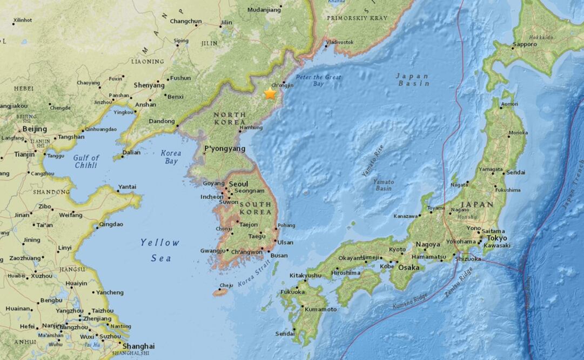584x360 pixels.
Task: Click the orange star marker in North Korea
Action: point(270,93)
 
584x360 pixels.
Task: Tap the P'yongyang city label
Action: point(221,148)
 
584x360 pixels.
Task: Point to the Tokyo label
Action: point(496,238)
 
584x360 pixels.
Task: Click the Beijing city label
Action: point(35,129)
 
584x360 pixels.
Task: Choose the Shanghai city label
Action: point(138,346)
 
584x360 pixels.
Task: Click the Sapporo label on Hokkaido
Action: point(525,44)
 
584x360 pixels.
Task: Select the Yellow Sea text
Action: point(160,250)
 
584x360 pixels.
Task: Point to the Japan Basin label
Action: point(413,79)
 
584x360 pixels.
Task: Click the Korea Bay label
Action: point(171,157)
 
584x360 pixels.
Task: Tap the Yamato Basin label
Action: point(384,185)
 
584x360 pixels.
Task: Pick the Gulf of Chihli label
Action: point(86,161)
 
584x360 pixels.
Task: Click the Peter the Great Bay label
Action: point(318,81)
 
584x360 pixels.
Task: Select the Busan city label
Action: point(279,256)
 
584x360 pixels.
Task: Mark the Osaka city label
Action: point(409,267)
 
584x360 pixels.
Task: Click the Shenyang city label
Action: point(150,85)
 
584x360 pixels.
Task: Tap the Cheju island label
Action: point(226,286)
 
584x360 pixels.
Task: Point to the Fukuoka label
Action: point(292,292)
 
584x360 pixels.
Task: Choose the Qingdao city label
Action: point(111,224)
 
